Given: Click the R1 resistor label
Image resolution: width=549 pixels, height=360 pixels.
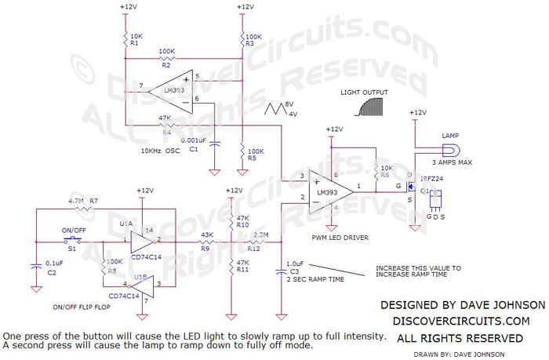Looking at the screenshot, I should click(x=134, y=43).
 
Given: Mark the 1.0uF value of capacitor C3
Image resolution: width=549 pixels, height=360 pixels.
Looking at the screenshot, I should click(x=296, y=264).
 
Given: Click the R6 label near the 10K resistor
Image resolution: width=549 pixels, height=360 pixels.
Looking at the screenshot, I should click(x=386, y=176).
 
